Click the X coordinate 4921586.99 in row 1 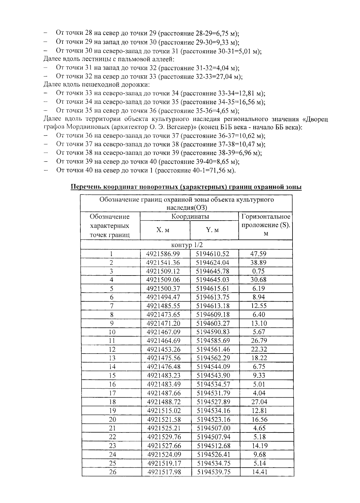click(x=163, y=254)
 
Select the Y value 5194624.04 click(x=213, y=263)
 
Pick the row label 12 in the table click(x=112, y=349)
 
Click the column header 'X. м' click(x=163, y=230)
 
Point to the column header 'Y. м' click(x=212, y=230)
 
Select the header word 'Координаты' click(x=190, y=216)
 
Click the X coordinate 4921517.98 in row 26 click(x=164, y=472)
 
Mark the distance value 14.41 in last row click(x=259, y=472)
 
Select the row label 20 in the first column click(x=112, y=419)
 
